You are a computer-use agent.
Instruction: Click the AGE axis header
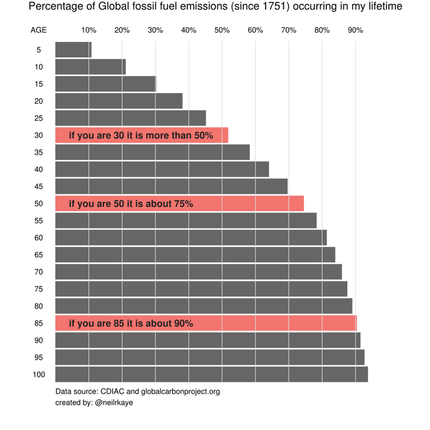tap(39, 30)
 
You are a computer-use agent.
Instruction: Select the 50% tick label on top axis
tap(221, 30)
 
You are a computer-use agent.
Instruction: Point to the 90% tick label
tap(355, 30)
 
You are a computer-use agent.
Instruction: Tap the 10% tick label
tap(89, 30)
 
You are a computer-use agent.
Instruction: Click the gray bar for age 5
tap(73, 50)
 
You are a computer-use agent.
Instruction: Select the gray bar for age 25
tap(130, 118)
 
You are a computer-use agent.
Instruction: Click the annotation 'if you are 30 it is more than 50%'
tap(140, 135)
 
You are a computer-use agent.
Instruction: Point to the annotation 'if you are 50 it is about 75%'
tap(130, 204)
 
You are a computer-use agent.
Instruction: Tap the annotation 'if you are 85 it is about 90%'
tap(130, 323)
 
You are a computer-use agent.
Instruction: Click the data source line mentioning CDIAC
tap(137, 391)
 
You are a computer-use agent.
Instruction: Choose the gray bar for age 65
tap(195, 255)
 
